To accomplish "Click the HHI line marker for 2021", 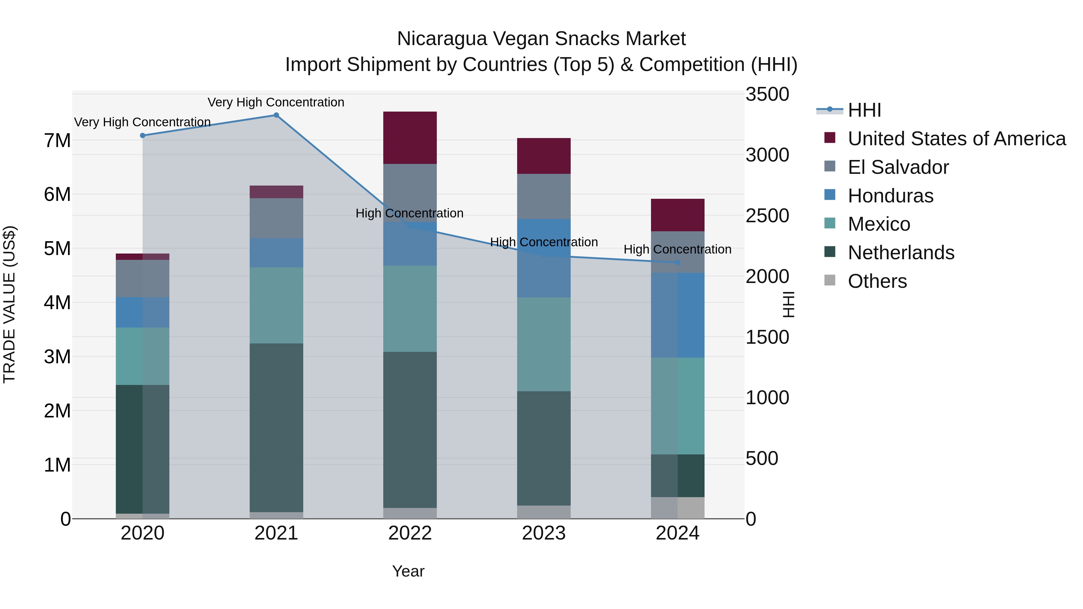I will point(276,115).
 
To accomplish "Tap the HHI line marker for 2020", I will point(143,135).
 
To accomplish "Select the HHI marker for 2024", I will point(677,263).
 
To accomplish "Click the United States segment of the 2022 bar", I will point(410,137).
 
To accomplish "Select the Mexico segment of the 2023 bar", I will point(544,344).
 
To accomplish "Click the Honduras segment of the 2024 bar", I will point(677,315).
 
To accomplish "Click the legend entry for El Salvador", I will point(898,167).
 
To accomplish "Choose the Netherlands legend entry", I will point(900,253).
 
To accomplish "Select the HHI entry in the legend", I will point(864,110).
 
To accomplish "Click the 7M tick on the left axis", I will point(57,140).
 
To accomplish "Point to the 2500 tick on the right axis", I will point(767,216).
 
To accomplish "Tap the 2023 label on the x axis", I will point(544,533).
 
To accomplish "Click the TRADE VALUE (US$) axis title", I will point(9,304).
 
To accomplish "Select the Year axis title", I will point(408,571).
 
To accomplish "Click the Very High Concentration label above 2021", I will point(276,102).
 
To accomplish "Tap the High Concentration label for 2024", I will point(677,249).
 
